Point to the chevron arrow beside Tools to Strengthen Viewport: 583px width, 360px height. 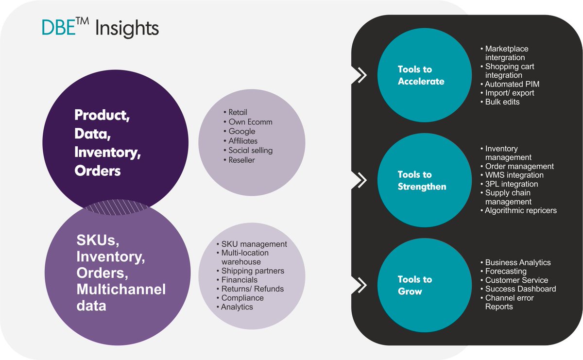(360, 180)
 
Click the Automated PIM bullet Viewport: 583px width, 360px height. (512, 84)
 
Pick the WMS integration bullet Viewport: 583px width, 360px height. (514, 175)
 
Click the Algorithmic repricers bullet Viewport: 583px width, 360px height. (520, 210)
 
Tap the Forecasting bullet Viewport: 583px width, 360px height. (505, 271)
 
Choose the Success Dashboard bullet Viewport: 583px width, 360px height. (520, 289)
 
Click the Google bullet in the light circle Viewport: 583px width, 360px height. (241, 131)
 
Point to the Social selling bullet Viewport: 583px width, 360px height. (250, 150)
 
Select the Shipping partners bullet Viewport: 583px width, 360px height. (252, 271)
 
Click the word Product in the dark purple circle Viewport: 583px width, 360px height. (101, 115)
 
